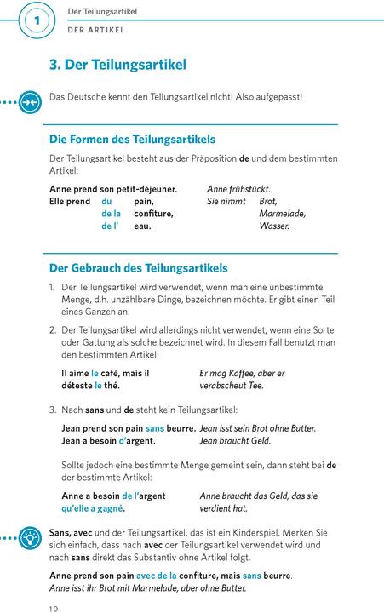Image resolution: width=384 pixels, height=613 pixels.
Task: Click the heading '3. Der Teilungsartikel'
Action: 118,65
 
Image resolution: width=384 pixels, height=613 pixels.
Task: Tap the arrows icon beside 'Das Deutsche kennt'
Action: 28,100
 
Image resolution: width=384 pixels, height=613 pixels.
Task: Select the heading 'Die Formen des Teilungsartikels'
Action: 132,139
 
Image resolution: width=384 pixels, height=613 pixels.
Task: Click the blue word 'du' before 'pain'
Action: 107,201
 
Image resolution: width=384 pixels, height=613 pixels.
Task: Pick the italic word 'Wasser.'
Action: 274,226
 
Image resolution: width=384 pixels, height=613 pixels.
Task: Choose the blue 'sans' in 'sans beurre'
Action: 154,427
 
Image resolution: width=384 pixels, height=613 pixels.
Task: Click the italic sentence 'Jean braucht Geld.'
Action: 235,440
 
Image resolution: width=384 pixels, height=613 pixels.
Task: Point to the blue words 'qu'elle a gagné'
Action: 93,508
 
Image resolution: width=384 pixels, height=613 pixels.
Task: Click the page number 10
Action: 54,608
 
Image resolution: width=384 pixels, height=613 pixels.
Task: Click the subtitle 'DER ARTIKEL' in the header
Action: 96,29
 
